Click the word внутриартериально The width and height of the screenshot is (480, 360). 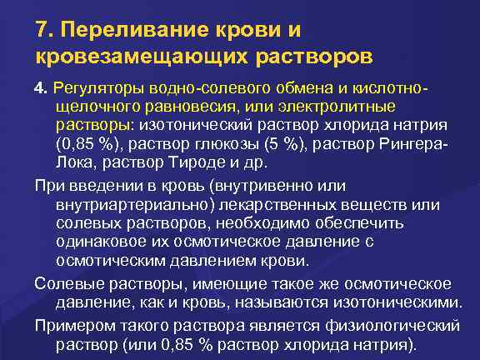(134, 204)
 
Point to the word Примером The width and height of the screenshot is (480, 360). (73, 324)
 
